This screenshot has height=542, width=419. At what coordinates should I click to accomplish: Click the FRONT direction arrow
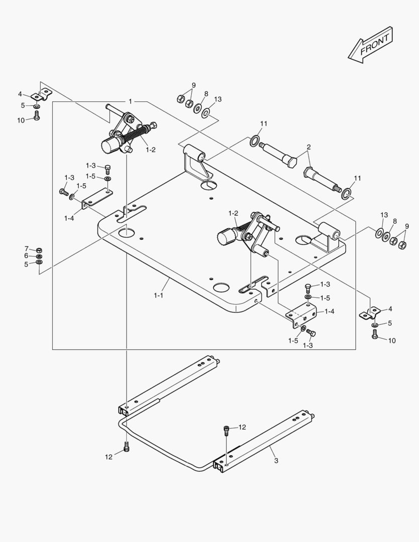click(370, 46)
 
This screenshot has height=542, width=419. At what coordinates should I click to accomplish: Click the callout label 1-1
click(158, 296)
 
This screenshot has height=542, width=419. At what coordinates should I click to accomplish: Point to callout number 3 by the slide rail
click(275, 460)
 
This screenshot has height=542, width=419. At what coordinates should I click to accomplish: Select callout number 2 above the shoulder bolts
click(309, 147)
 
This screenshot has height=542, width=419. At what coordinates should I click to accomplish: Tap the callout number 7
click(27, 248)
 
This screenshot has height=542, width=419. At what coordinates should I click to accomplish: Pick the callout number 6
click(27, 255)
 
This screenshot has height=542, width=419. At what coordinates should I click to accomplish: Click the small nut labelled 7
click(40, 249)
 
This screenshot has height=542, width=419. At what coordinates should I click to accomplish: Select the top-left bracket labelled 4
click(41, 94)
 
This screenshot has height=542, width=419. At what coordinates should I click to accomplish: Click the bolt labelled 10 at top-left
click(37, 116)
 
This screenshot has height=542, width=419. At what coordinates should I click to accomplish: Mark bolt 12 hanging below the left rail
click(126, 447)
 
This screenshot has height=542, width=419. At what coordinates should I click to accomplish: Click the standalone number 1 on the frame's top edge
click(130, 101)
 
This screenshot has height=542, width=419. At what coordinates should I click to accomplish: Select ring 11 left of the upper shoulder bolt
click(255, 141)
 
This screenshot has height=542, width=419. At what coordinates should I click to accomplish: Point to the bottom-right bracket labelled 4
click(370, 314)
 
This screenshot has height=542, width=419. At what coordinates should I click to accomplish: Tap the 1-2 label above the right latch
click(233, 213)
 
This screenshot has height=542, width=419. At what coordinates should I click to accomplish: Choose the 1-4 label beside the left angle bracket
click(69, 218)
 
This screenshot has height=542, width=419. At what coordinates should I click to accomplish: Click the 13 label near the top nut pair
click(217, 99)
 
